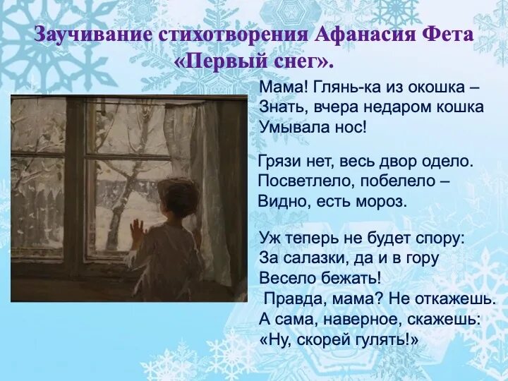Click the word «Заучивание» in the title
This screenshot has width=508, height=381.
coord(87,35)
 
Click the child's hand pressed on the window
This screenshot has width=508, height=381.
coord(137,229)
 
